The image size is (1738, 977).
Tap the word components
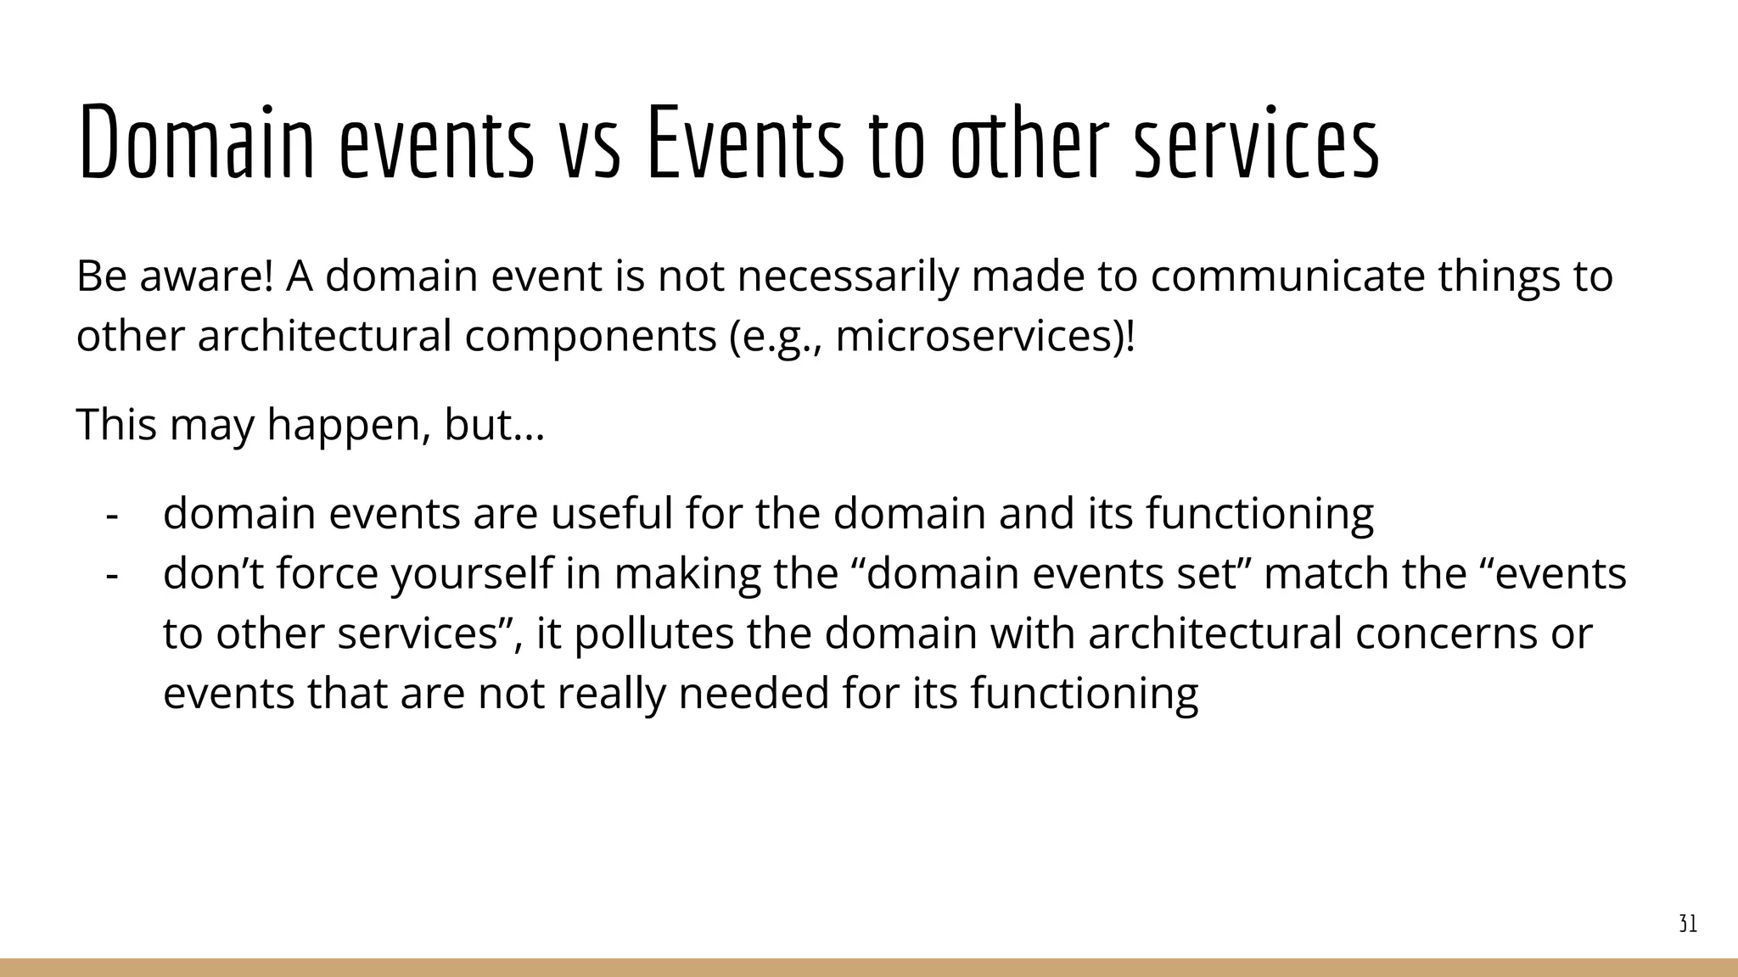click(x=591, y=338)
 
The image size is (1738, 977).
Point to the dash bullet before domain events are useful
click(x=111, y=515)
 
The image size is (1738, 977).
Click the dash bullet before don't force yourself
click(x=111, y=575)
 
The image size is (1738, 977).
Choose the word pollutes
click(x=653, y=634)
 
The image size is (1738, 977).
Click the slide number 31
click(x=1688, y=924)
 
